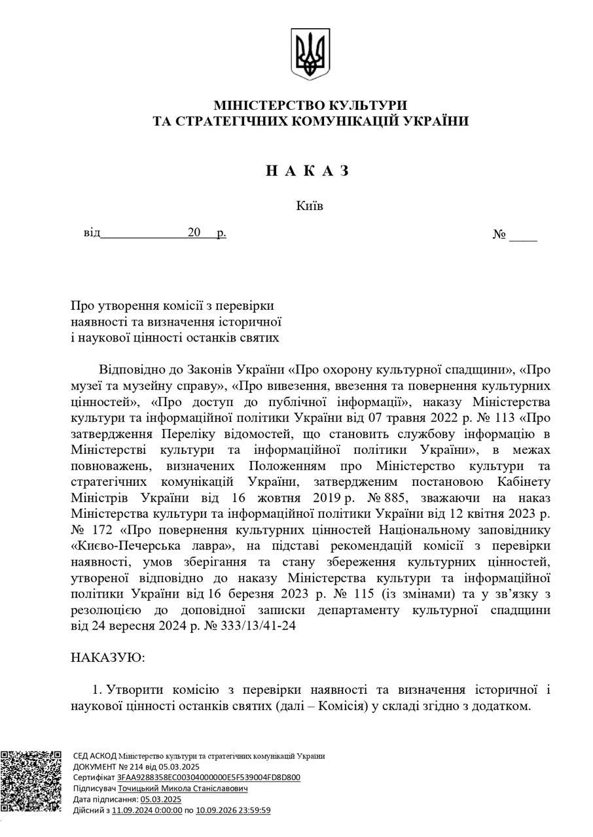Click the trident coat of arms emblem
click(310, 54)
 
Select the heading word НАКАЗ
click(308, 171)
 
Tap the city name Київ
click(310, 206)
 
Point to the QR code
click(31, 782)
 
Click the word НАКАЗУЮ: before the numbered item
click(108, 658)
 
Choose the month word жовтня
click(281, 498)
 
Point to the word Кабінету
click(522, 483)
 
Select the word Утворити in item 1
click(135, 690)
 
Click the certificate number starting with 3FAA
click(209, 777)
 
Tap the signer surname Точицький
click(141, 789)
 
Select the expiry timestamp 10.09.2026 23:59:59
click(234, 810)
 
